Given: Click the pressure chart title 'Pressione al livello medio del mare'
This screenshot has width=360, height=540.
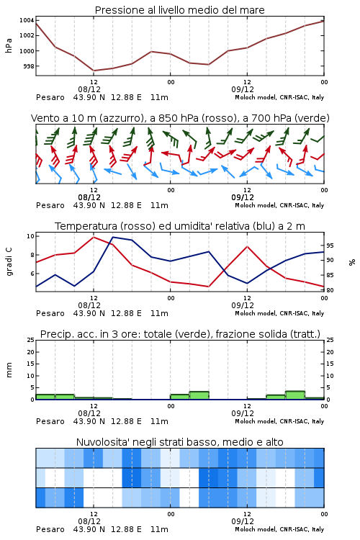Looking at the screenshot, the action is point(179,10).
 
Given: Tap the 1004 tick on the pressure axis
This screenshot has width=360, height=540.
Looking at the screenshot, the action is point(27,20).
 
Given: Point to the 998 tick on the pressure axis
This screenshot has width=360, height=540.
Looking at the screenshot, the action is point(29,66).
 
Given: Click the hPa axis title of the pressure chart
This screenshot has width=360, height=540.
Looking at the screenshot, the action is point(9,45).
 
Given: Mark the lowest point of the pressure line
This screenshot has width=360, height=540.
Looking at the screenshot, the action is point(94,71).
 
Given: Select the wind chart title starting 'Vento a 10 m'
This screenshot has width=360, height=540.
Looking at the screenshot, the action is point(180,118).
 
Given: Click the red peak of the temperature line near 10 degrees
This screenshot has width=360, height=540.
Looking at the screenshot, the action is point(94,237).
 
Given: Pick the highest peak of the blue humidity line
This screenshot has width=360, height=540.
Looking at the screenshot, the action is point(113,237).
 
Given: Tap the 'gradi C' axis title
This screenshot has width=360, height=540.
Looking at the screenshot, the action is point(9,261).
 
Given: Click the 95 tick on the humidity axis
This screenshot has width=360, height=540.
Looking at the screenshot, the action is point(330,246).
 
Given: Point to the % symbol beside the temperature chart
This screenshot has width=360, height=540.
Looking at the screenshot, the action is point(352,262).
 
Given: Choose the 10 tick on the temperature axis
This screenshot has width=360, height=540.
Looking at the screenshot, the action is point(30,236).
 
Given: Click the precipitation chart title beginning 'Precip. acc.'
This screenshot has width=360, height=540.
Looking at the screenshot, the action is point(180,334).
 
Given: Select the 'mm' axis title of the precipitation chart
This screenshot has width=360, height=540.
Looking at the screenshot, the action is point(9,370).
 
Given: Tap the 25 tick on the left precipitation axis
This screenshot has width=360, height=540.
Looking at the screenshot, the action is point(30,340).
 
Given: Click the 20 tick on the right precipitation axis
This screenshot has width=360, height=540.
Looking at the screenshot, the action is point(330,352).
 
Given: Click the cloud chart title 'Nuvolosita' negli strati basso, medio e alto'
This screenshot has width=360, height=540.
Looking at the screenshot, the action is point(179,442).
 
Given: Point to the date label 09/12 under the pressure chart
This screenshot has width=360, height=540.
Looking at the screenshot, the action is point(243,89).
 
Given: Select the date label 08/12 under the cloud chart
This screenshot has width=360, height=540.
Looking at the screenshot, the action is point(89,521).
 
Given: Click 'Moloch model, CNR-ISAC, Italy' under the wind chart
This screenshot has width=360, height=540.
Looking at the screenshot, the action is point(279,205).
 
